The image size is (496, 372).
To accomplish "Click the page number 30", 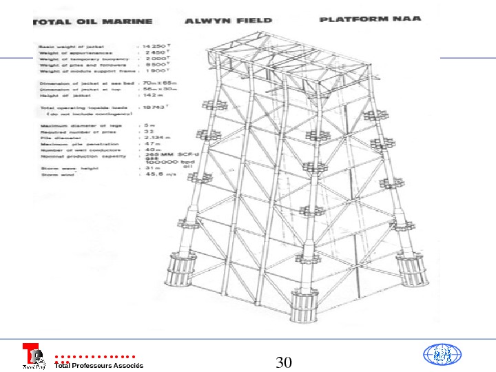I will click(285, 362).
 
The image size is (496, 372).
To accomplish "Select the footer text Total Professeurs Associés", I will click(99, 365).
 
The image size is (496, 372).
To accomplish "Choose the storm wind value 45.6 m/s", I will click(155, 175).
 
